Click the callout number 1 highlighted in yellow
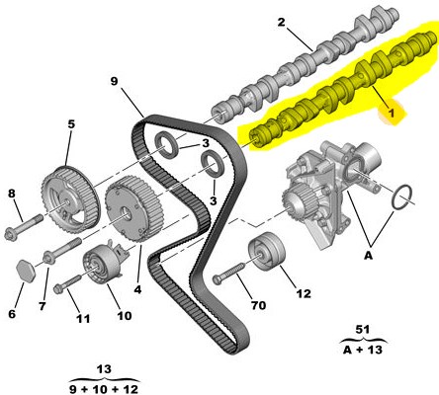click(392, 113)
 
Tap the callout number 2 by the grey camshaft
click(281, 22)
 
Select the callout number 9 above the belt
click(114, 81)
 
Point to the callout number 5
click(71, 124)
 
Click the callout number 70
click(258, 305)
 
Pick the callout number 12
click(304, 293)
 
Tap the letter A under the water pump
click(368, 255)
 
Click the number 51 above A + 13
click(363, 329)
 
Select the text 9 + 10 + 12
click(104, 389)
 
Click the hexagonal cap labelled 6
click(26, 271)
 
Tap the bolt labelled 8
click(24, 226)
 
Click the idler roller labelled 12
click(266, 249)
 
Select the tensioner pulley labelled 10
click(101, 263)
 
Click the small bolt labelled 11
click(67, 284)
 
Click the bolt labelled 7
click(62, 251)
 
